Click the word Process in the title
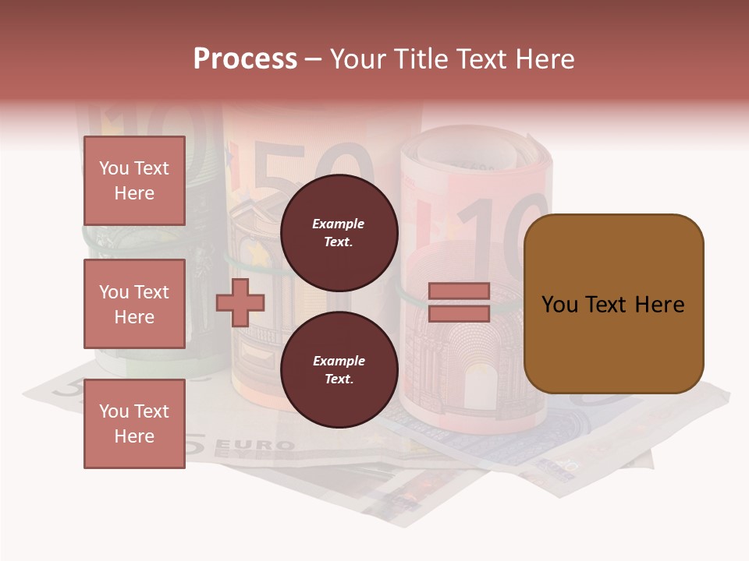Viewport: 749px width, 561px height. click(245, 59)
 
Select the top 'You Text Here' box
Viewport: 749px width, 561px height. click(134, 181)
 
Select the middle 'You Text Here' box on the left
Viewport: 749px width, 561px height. click(134, 304)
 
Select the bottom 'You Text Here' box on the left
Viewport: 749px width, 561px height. click(134, 423)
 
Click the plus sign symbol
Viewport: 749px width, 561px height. click(240, 302)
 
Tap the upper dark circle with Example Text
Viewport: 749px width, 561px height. click(339, 232)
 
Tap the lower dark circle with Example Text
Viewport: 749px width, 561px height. click(339, 369)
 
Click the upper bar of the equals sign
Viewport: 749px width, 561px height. click(459, 291)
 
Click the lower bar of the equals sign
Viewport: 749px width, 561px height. click(459, 313)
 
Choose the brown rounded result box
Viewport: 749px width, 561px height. click(613, 304)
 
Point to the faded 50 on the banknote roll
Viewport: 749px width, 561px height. click(312, 171)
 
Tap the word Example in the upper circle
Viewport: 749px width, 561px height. click(339, 224)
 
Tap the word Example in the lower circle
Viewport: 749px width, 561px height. click(339, 361)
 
